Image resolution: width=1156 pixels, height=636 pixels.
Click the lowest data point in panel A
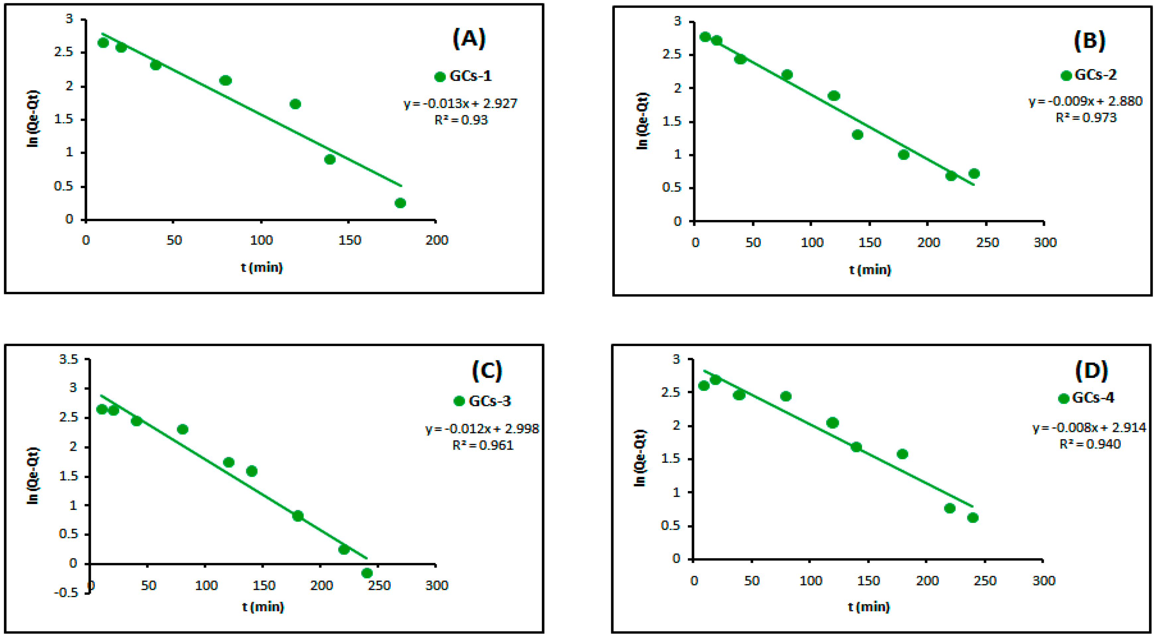click(x=400, y=203)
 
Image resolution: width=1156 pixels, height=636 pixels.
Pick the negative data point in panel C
click(x=367, y=573)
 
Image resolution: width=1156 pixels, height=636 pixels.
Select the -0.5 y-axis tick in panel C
click(x=66, y=593)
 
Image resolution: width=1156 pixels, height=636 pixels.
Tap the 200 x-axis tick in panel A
click(x=437, y=241)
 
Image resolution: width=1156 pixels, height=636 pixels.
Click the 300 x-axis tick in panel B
click(x=1045, y=243)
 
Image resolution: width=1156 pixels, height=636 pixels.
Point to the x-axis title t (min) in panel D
click(x=868, y=607)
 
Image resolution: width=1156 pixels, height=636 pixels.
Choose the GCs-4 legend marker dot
click(x=1063, y=398)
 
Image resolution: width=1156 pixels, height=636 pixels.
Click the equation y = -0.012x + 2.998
click(x=482, y=429)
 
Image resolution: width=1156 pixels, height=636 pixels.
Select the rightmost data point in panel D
click(x=973, y=518)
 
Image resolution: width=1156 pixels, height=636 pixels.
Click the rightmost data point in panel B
click(x=974, y=173)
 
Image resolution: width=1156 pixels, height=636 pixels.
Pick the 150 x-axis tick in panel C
click(x=263, y=585)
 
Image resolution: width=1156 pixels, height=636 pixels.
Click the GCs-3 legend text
click(x=490, y=401)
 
